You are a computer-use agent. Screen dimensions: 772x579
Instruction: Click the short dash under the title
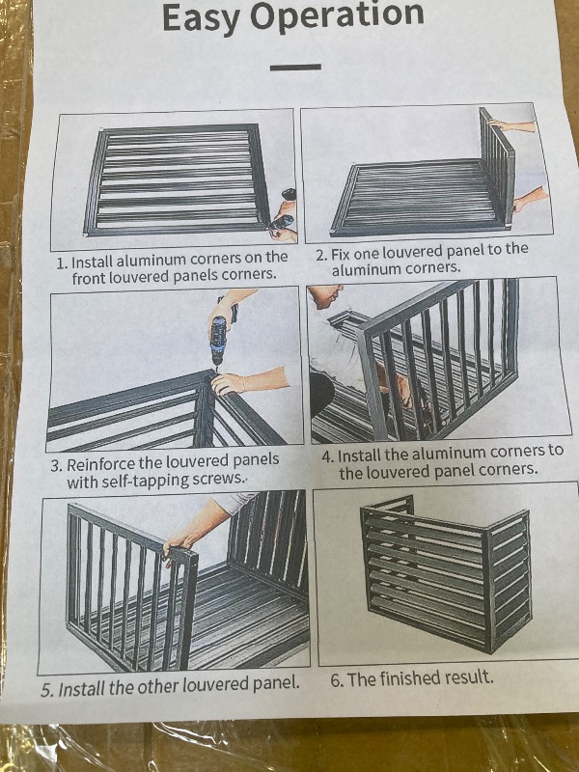(296, 67)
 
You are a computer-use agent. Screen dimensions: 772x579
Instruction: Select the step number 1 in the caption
(61, 262)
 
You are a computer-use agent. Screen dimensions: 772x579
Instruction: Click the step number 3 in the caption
(57, 465)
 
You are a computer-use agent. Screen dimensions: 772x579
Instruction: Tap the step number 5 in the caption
(46, 691)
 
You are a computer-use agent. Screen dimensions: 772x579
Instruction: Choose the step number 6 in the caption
(337, 678)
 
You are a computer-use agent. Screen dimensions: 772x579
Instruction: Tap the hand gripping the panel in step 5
(179, 551)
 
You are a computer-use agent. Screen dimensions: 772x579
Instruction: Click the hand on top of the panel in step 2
(497, 124)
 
